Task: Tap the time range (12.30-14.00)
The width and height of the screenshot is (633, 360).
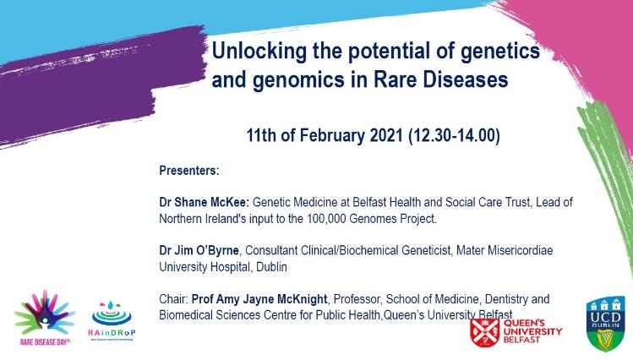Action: point(452,136)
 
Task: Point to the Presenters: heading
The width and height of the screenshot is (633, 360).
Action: point(189,171)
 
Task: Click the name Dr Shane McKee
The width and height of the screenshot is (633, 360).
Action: point(202,203)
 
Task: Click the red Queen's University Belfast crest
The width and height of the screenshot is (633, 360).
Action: point(484,332)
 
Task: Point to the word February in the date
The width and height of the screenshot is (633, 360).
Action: point(329,136)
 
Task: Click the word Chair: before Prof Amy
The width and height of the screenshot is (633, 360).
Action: point(173,299)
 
